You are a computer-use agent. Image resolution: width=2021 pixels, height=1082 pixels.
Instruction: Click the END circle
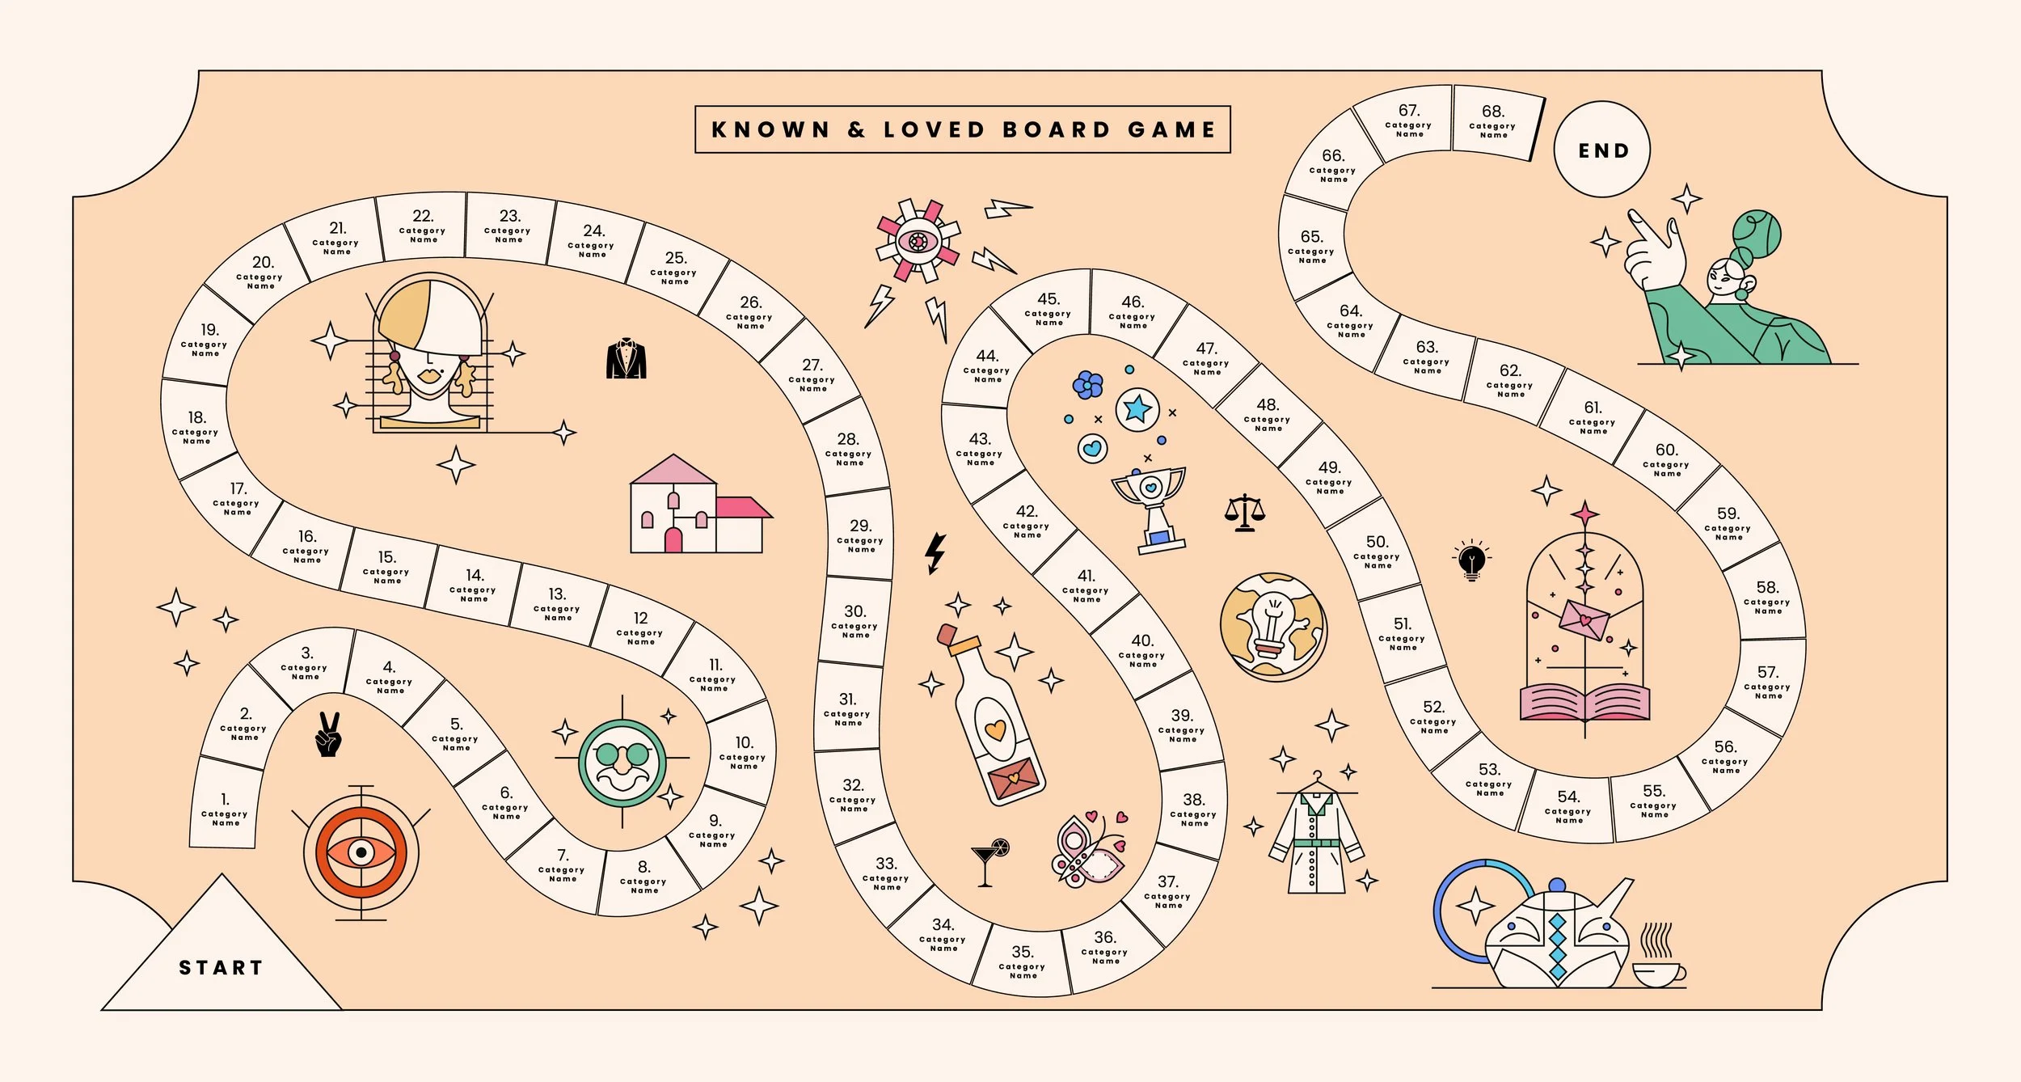pyautogui.click(x=1602, y=150)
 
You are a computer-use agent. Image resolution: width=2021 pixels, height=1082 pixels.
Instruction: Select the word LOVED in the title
pyautogui.click(x=934, y=129)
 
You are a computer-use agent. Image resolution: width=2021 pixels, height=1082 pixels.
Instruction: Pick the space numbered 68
pyautogui.click(x=1496, y=121)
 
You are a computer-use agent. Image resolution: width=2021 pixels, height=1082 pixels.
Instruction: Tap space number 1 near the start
pyautogui.click(x=226, y=805)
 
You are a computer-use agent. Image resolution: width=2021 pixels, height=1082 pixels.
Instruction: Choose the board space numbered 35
pyautogui.click(x=1022, y=962)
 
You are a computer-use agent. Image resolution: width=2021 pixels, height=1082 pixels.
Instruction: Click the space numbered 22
pyautogui.click(x=423, y=226)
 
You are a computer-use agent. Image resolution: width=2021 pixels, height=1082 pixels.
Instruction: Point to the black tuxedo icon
pyautogui.click(x=627, y=359)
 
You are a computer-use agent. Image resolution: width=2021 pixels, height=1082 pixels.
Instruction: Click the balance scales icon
pyautogui.click(x=1245, y=513)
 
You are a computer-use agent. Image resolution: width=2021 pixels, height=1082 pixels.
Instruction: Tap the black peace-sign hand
pyautogui.click(x=329, y=734)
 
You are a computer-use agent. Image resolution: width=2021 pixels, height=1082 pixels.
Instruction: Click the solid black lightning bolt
pyautogui.click(x=935, y=553)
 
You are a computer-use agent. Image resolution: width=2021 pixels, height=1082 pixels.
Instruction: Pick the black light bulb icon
pyautogui.click(x=1471, y=560)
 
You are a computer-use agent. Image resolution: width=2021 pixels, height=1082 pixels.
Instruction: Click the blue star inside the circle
pyautogui.click(x=1137, y=409)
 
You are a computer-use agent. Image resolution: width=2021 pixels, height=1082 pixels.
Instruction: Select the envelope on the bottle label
pyautogui.click(x=1014, y=779)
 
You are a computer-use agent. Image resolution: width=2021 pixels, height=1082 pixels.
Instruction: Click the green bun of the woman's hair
pyautogui.click(x=1757, y=234)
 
